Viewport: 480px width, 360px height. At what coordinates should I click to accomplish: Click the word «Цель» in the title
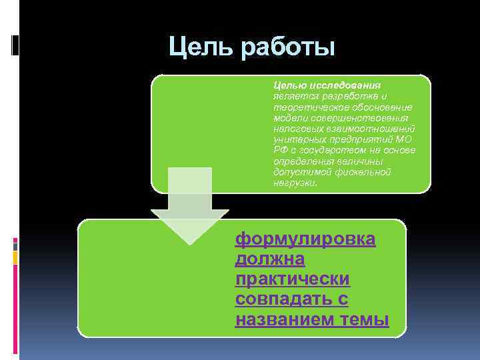[198, 47]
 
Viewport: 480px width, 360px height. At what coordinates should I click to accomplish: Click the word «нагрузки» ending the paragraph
[293, 182]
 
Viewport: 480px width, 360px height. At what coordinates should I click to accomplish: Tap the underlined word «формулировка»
[305, 239]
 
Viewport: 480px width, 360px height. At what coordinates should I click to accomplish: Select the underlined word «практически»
[293, 279]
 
